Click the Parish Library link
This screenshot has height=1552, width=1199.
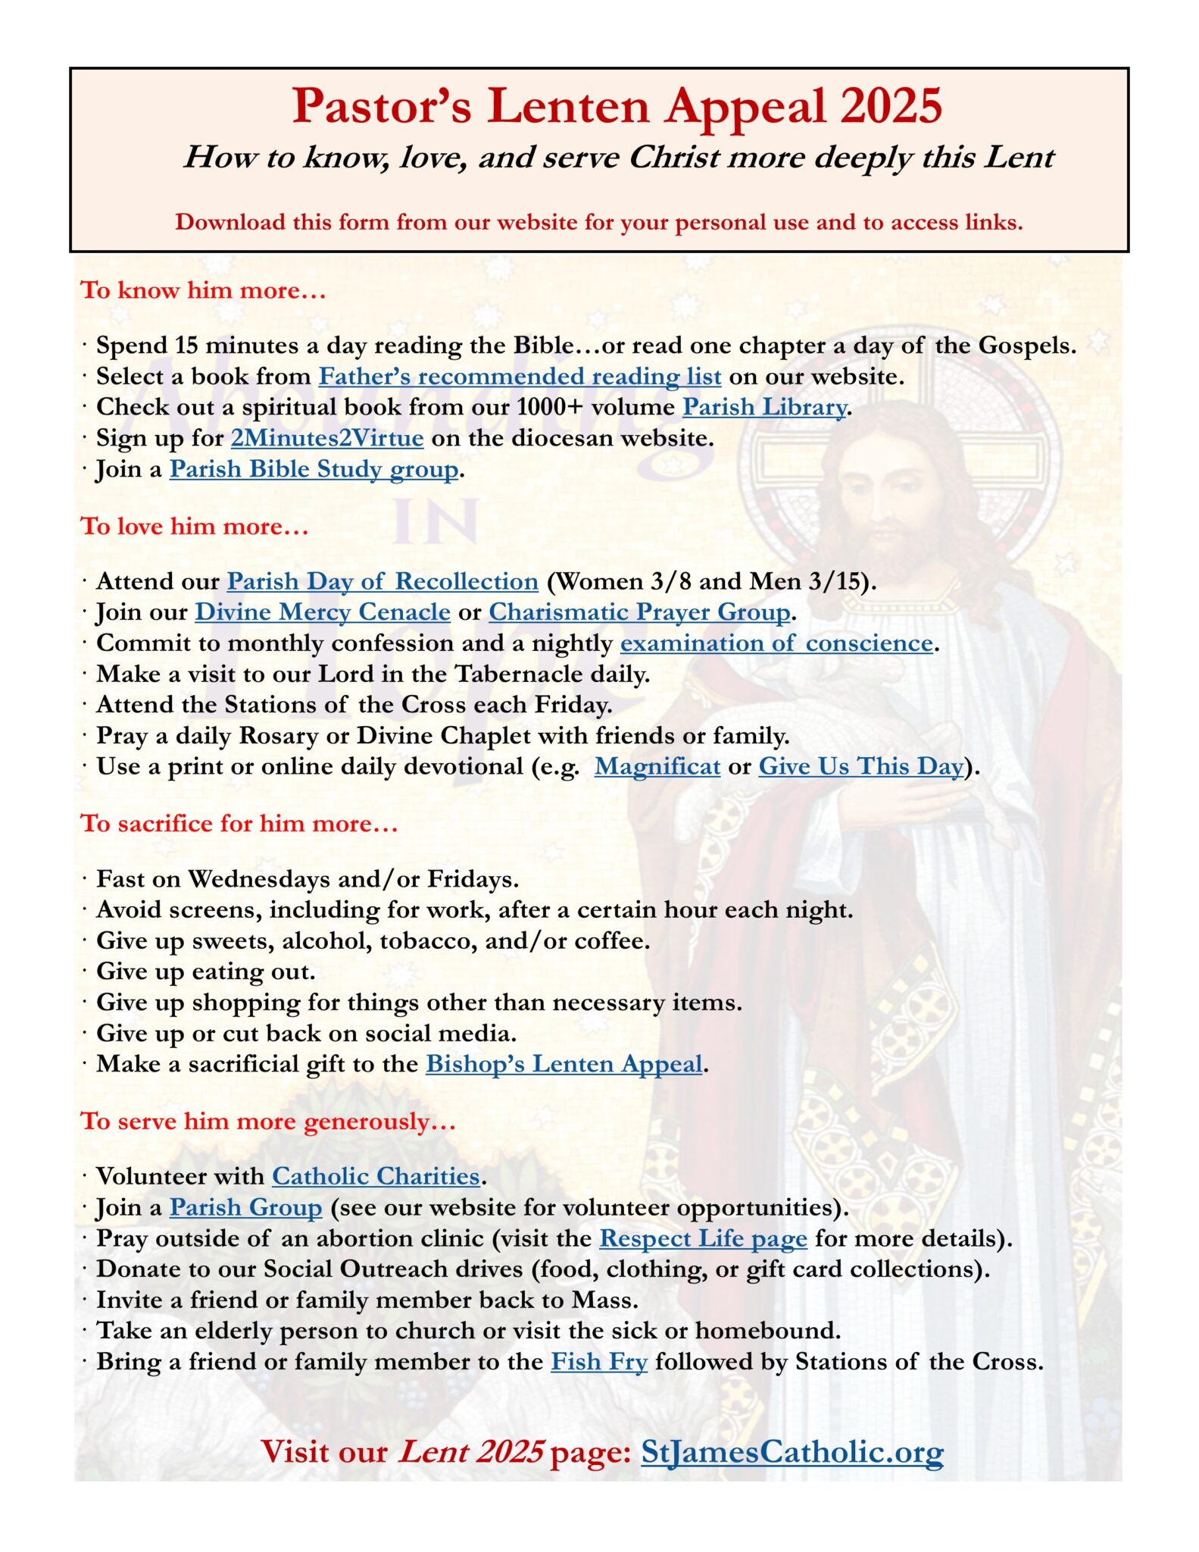click(x=763, y=408)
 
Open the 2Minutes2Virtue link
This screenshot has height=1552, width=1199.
click(x=326, y=439)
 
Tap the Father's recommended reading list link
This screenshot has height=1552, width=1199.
click(x=519, y=377)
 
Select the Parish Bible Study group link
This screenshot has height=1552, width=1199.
click(x=314, y=470)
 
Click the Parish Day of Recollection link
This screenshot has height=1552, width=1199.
click(x=382, y=582)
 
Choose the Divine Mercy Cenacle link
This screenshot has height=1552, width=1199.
click(x=323, y=612)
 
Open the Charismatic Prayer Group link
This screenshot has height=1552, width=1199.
click(x=639, y=612)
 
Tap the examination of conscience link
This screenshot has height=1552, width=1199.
click(x=776, y=643)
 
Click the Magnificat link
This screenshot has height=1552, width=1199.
click(x=657, y=767)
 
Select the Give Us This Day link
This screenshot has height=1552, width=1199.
click(x=861, y=767)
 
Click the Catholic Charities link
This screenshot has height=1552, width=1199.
click(x=376, y=1177)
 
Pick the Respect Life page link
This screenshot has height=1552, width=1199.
click(x=703, y=1239)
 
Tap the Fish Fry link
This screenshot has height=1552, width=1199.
click(x=598, y=1363)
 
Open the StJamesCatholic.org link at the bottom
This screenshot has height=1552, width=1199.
click(x=792, y=1453)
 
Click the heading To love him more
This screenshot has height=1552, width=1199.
click(x=195, y=527)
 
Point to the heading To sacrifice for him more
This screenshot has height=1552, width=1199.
click(x=239, y=824)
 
